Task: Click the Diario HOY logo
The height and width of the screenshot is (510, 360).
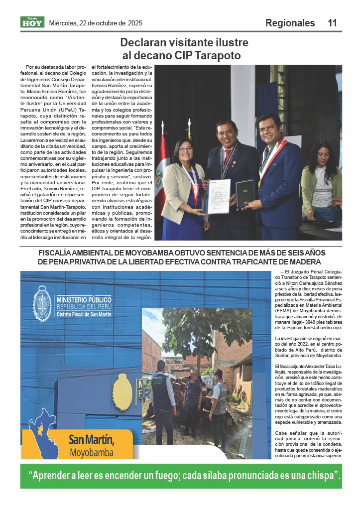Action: (32, 22)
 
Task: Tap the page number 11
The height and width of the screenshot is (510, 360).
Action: (332, 23)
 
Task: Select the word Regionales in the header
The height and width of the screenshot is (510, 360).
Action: (290, 23)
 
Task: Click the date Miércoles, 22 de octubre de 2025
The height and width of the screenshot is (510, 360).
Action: (96, 23)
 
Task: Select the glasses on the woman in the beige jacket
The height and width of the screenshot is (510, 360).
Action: (185, 148)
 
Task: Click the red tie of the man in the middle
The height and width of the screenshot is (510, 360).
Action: (227, 155)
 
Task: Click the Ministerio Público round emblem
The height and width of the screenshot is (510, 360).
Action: (42, 304)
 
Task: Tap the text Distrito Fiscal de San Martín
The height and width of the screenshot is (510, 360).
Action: (84, 315)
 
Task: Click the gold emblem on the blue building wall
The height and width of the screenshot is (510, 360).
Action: (122, 392)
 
